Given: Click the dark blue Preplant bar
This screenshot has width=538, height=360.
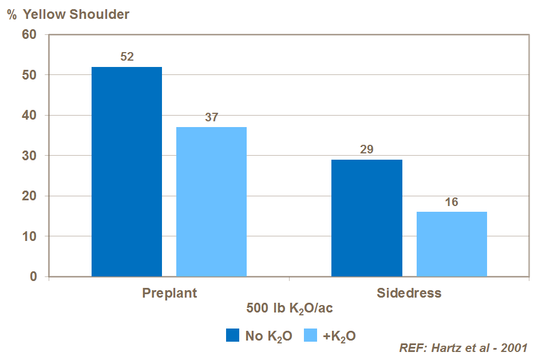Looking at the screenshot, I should [x=126, y=172].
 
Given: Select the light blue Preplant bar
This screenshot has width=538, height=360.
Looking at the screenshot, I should [x=211, y=201].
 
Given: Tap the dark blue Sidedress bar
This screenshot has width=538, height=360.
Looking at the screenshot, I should [x=367, y=218].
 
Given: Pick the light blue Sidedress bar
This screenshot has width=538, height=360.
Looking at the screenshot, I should [x=452, y=244].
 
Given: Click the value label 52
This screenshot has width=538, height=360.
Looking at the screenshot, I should [x=126, y=57].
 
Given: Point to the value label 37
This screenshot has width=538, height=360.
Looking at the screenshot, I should [x=211, y=117].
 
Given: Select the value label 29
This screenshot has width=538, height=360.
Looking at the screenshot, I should [x=367, y=149].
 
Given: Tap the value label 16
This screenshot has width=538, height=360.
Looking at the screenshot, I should [x=452, y=202].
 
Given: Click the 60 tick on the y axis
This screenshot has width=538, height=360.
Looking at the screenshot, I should [x=29, y=34].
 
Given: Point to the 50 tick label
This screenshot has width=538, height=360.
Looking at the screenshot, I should [x=29, y=75].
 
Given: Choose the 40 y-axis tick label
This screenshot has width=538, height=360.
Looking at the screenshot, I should [x=29, y=115].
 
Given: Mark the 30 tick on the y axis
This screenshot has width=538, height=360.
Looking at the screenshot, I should [x=29, y=156].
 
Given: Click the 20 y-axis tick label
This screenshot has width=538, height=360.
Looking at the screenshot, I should [x=29, y=196].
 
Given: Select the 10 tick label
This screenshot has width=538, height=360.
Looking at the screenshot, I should [x=29, y=236].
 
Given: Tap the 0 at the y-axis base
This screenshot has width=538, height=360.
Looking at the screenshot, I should [x=33, y=276].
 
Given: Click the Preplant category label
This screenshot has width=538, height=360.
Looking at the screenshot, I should [x=169, y=293].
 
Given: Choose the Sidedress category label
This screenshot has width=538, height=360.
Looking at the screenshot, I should [x=409, y=293].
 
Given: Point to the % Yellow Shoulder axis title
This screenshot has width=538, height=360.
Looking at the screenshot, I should [x=68, y=14].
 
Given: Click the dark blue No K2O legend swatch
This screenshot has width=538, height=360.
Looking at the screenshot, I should [x=232, y=335].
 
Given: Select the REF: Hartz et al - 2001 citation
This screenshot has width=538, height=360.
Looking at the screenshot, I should [x=463, y=347].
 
